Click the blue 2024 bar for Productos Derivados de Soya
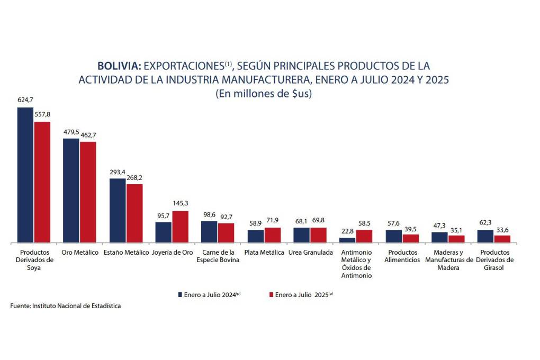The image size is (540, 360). pyautogui.click(x=25, y=175)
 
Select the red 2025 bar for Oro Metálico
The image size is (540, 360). pyautogui.click(x=88, y=192)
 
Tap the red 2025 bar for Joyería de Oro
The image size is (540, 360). pyautogui.click(x=180, y=227)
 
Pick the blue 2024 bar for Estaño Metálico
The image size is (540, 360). pyautogui.click(x=118, y=210)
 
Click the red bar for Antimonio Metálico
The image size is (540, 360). pyautogui.click(x=364, y=236)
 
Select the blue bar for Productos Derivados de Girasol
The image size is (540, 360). pyautogui.click(x=485, y=236)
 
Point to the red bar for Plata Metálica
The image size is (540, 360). pyautogui.click(x=273, y=235)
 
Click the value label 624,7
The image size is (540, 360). pyautogui.click(x=25, y=100)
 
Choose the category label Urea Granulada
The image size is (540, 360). pyautogui.click(x=310, y=253)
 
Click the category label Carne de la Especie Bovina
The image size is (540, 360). pyautogui.click(x=218, y=256)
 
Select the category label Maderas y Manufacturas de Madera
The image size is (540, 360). pyautogui.click(x=449, y=260)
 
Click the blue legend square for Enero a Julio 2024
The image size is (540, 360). pyautogui.click(x=179, y=294)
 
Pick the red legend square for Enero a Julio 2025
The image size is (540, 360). pyautogui.click(x=271, y=294)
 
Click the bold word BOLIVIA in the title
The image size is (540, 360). pyautogui.click(x=119, y=66)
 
